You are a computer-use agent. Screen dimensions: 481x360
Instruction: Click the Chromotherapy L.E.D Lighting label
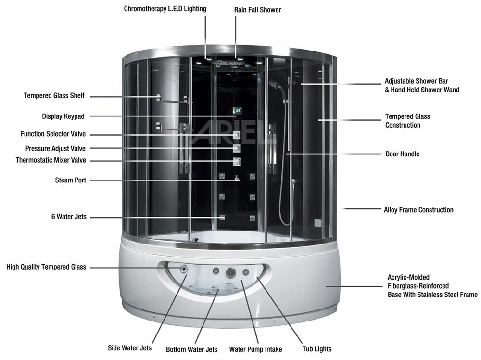tap(165, 9)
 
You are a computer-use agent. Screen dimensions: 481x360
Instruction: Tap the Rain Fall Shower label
tap(258, 10)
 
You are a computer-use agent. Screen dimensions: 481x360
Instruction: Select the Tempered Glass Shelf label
tap(54, 95)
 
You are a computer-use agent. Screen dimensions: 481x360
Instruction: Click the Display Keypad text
tap(63, 116)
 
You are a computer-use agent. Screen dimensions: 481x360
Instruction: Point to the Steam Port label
tap(71, 180)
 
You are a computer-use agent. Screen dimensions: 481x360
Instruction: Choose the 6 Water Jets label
tap(69, 217)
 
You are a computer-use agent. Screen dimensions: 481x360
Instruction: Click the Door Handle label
tap(403, 154)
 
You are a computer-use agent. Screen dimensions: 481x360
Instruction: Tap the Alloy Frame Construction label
tap(419, 210)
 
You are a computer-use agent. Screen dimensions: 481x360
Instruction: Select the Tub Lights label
tap(317, 349)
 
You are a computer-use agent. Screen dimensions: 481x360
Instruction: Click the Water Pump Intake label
tap(255, 349)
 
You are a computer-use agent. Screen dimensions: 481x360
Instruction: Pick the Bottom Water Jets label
tap(192, 349)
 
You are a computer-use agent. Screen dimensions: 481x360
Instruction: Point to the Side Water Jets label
tap(130, 348)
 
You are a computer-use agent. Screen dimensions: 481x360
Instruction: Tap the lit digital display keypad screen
tap(237, 111)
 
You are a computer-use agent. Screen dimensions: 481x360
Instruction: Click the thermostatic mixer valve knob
tap(237, 161)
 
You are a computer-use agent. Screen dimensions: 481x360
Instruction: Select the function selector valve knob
tap(237, 135)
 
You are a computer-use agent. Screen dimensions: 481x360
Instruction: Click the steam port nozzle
tap(237, 178)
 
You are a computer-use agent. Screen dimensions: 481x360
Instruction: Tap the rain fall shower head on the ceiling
tap(229, 64)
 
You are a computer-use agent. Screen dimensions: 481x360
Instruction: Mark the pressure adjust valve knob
tap(237, 148)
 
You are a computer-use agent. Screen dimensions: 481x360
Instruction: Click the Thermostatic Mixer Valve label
tap(51, 160)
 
